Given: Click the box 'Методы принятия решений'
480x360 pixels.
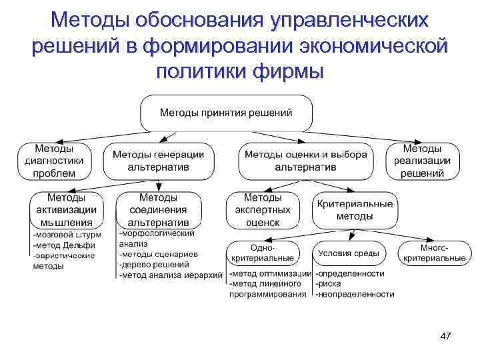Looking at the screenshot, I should [x=226, y=113].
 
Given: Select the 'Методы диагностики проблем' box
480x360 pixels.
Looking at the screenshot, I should [x=55, y=161].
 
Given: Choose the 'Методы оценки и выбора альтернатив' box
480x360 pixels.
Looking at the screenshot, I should [x=306, y=161].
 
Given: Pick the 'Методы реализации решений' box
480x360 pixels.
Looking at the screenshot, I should [x=423, y=161].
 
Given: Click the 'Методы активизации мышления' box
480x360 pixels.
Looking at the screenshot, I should [x=65, y=210].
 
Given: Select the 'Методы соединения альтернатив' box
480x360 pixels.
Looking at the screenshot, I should [x=158, y=210].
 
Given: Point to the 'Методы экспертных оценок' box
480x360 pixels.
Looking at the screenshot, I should [x=262, y=210].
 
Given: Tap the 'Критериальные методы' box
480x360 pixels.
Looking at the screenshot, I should [x=355, y=210].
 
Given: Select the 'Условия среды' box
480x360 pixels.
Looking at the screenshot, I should [x=349, y=253].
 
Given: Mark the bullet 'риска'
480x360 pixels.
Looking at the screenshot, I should [x=330, y=283].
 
